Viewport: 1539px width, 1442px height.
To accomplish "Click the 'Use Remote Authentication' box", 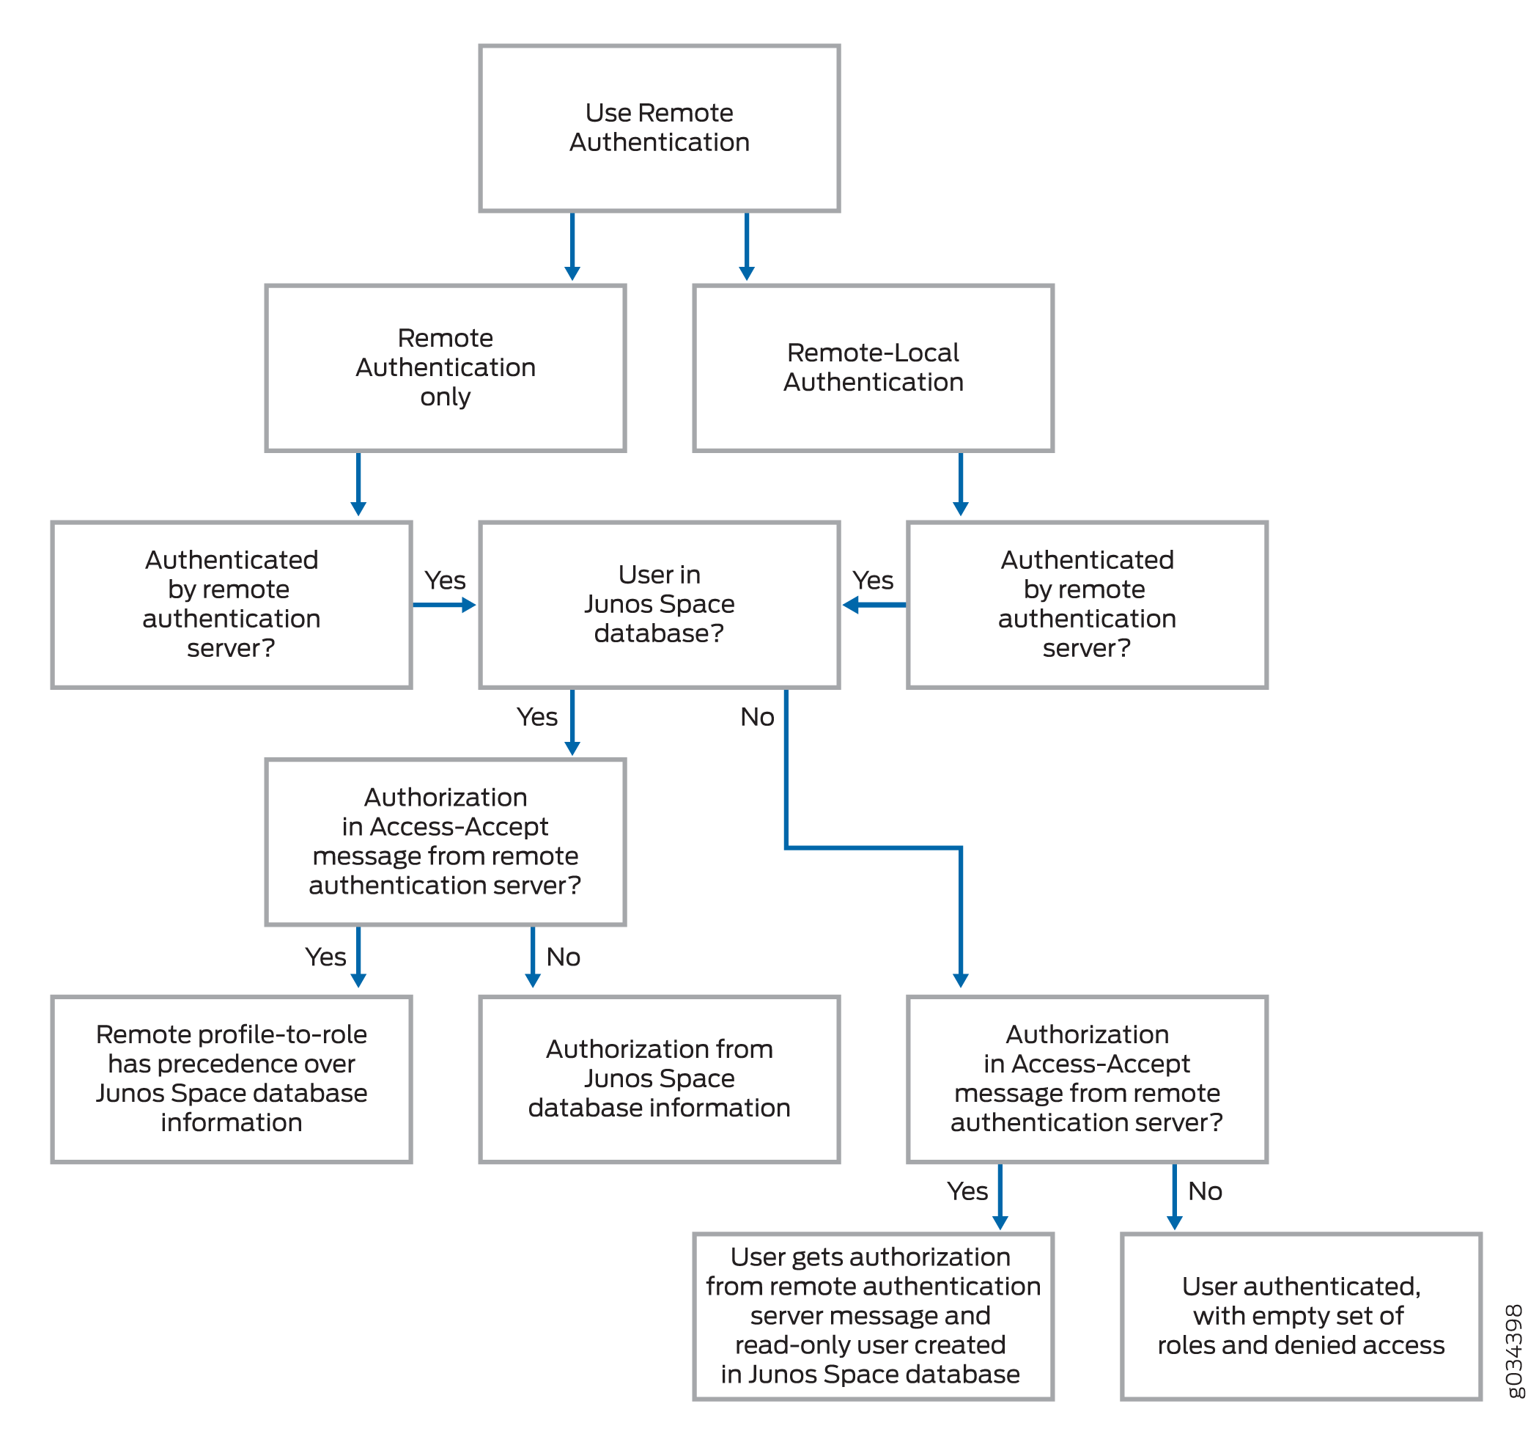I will [x=659, y=128].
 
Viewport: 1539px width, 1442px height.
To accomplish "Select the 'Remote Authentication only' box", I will [x=445, y=367].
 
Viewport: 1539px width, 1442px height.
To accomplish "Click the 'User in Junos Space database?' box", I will [x=659, y=604].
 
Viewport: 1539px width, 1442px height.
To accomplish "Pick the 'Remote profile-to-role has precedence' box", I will [x=232, y=1079].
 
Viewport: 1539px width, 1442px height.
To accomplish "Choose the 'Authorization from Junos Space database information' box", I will [x=659, y=1079].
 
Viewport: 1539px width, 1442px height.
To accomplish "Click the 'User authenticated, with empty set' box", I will [x=1301, y=1316].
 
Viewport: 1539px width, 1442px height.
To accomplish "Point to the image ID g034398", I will [x=1513, y=1351].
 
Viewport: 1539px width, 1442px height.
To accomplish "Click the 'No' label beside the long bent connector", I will [x=756, y=717].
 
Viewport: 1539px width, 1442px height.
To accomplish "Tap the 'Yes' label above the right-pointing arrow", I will [x=444, y=580].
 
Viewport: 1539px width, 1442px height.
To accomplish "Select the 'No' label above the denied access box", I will [x=1205, y=1191].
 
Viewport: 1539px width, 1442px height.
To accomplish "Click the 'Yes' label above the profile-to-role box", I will [x=325, y=957].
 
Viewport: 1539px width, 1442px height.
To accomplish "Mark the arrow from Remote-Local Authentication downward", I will [x=960, y=483].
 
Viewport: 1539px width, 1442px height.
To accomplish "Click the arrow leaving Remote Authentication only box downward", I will [x=358, y=483].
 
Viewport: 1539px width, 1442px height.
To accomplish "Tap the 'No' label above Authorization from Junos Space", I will [x=563, y=957].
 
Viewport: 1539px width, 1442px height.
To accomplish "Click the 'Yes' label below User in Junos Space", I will [x=536, y=717].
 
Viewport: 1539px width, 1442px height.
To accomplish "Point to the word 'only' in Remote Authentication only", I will [x=445, y=397].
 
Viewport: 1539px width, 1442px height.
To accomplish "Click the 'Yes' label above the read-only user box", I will [x=967, y=1191].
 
